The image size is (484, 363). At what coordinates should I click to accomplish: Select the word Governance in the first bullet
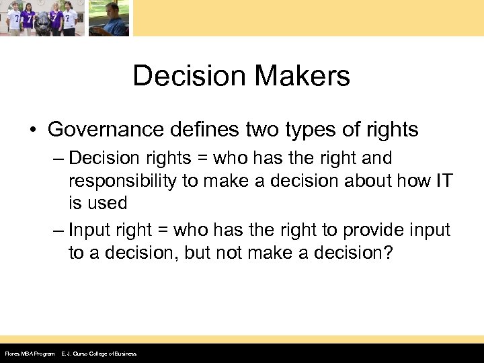(106, 129)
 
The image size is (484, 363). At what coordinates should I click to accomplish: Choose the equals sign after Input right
(163, 231)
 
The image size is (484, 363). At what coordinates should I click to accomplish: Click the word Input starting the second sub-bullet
(90, 231)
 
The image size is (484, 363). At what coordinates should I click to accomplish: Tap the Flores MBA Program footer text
(30, 354)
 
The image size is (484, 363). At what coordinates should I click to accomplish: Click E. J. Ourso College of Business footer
(98, 354)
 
